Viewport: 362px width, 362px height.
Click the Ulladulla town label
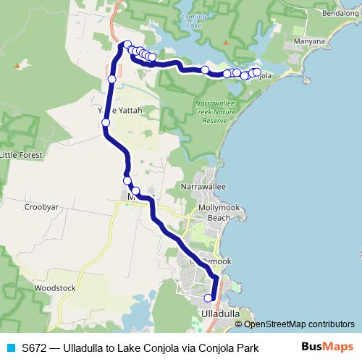[218, 313]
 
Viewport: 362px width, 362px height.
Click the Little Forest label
[20, 154]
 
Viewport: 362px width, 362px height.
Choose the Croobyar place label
[41, 206]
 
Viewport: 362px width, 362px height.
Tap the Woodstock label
[54, 287]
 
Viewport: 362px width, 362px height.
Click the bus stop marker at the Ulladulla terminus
[209, 298]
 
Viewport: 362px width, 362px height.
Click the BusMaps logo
[328, 348]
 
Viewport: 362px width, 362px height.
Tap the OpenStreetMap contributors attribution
[300, 324]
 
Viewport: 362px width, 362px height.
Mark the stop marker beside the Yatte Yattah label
[106, 122]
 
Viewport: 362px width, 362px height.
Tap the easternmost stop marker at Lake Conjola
[256, 72]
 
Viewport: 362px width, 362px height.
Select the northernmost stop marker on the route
[127, 44]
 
